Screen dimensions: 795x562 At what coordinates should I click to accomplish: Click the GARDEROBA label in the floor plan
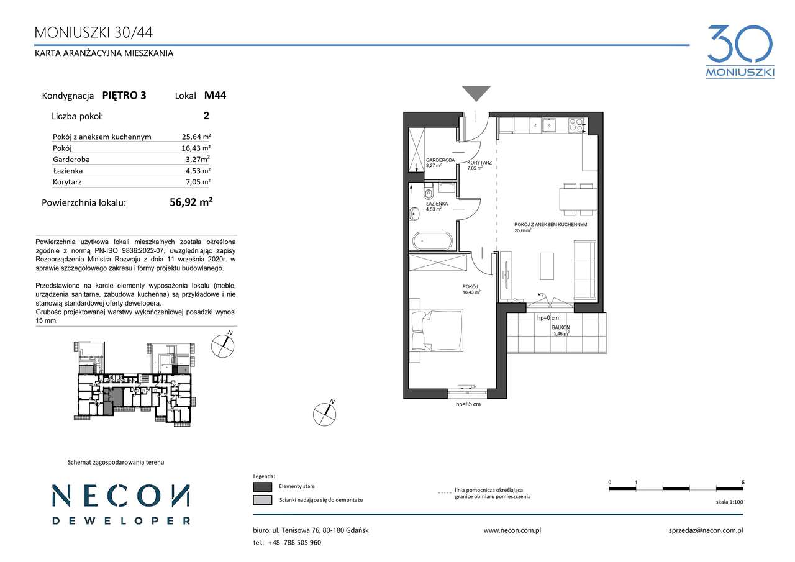pos(440,160)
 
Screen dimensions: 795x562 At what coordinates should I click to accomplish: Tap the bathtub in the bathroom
pos(432,242)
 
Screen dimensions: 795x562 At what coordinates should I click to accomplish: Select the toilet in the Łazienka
pos(429,193)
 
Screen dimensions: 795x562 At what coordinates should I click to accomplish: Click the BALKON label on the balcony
pos(561,327)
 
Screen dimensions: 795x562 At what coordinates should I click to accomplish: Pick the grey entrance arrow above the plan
pos(476,94)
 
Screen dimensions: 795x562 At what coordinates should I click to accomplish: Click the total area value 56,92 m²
pos(191,202)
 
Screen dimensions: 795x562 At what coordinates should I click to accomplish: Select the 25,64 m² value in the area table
pos(196,137)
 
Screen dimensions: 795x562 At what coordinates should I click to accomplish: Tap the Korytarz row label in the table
pos(67,182)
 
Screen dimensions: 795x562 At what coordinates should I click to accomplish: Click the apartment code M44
pos(215,95)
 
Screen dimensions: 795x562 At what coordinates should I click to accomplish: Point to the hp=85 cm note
pos(468,404)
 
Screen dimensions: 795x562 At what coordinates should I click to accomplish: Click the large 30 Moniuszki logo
pos(740,52)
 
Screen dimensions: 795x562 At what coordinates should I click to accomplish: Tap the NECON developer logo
pos(121,504)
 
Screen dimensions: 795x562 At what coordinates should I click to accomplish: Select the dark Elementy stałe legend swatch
pos(263,486)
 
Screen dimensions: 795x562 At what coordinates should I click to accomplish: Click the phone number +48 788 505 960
pos(294,543)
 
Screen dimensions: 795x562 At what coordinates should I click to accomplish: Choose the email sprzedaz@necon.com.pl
pos(706,530)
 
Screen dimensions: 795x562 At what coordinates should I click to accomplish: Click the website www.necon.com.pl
pos(512,530)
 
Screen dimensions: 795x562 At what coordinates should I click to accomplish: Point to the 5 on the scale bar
pos(743,482)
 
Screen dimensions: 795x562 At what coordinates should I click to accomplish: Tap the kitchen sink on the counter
pos(549,125)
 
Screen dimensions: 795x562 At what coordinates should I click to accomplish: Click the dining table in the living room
pos(578,199)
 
